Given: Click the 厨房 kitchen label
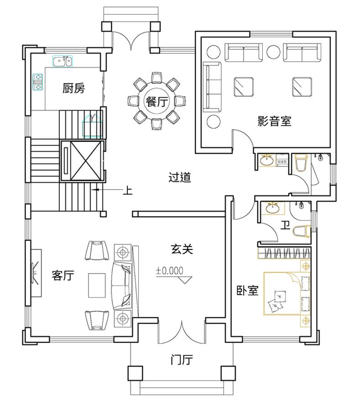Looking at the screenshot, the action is pyautogui.click(x=73, y=88).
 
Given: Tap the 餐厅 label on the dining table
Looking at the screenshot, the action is pyautogui.click(x=157, y=101).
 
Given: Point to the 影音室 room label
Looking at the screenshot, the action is pyautogui.click(x=274, y=121).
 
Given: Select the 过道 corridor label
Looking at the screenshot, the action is pyautogui.click(x=180, y=177).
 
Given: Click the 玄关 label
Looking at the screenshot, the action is pyautogui.click(x=182, y=249).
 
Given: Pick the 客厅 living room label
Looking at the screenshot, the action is pyautogui.click(x=63, y=275).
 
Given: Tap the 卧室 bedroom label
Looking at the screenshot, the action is pyautogui.click(x=247, y=290).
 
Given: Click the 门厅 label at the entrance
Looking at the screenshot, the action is pyautogui.click(x=182, y=360).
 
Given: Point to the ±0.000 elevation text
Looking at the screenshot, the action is pyautogui.click(x=170, y=270).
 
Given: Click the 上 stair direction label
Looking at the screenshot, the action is pyautogui.click(x=128, y=190).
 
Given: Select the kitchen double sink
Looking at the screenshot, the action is pyautogui.click(x=63, y=61).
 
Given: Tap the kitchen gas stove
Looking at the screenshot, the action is pyautogui.click(x=38, y=82).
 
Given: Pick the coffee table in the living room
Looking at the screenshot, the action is pyautogui.click(x=97, y=285).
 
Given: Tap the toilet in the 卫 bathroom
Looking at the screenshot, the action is pyautogui.click(x=302, y=231).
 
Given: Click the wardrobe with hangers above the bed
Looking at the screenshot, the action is pyautogui.click(x=284, y=253).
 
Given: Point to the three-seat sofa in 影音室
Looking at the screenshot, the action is pyautogui.click(x=212, y=87).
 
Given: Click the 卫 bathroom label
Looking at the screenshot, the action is pyautogui.click(x=285, y=225).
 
